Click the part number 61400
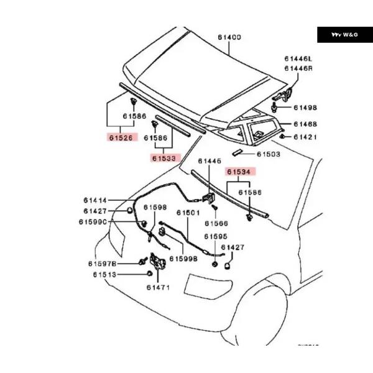tap(229, 37)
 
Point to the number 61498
tap(305, 107)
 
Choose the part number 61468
tap(305, 124)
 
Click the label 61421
tap(305, 136)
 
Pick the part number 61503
tap(269, 153)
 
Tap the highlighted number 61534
tap(241, 172)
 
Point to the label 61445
tap(210, 161)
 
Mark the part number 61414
tap(95, 200)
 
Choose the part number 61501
tap(188, 213)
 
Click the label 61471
tap(159, 287)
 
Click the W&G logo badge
tap(345, 34)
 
